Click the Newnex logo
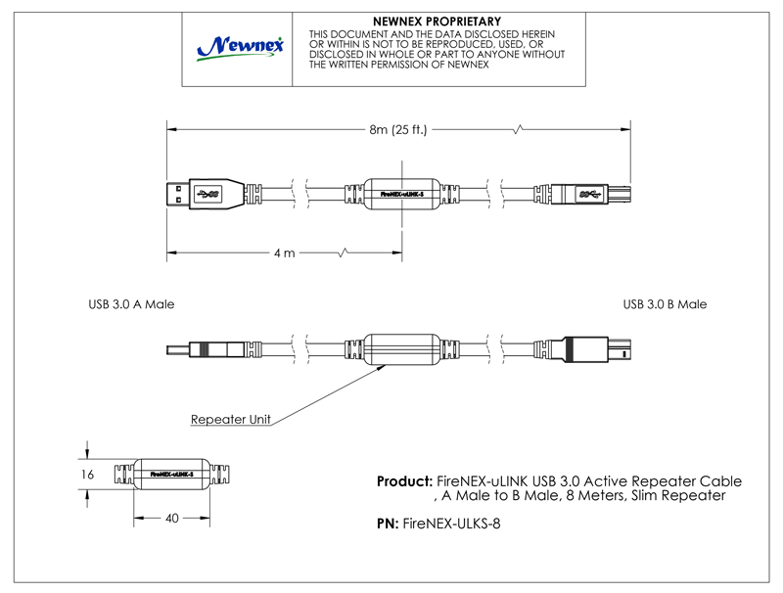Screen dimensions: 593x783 coord(240,46)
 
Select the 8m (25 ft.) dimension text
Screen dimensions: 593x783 coord(398,131)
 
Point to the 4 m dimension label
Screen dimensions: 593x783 coord(284,253)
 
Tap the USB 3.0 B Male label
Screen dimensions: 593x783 coord(665,304)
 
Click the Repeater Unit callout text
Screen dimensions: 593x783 coord(231,420)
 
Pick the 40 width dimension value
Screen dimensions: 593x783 coord(172,519)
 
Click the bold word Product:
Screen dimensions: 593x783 coord(404,482)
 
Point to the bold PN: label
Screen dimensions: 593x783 coord(388,525)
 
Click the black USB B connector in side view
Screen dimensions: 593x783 coord(598,348)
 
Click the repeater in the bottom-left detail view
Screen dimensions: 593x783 coord(172,474)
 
